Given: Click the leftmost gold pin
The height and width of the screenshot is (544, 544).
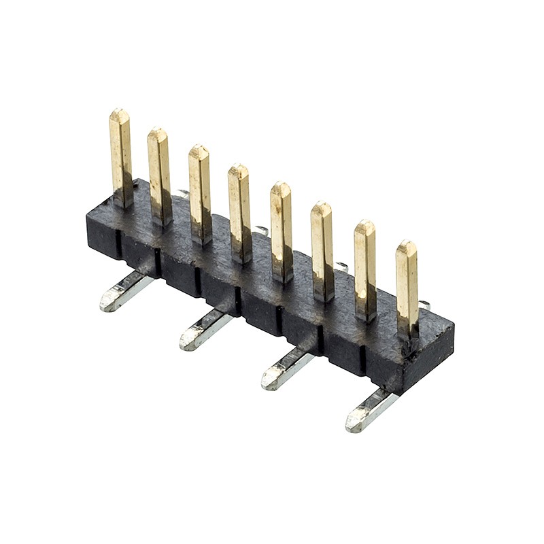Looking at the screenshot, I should tap(121, 156).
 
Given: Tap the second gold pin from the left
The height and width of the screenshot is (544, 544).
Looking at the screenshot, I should tap(159, 175).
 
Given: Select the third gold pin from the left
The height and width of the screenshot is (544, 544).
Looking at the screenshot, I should tap(199, 193).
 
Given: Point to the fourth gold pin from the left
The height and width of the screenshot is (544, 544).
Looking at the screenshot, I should tap(239, 212).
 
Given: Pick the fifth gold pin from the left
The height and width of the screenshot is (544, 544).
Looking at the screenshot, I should tap(282, 231).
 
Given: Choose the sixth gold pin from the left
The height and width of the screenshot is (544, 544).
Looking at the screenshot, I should tap(322, 250).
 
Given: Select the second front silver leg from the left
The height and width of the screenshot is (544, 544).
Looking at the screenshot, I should tap(205, 329).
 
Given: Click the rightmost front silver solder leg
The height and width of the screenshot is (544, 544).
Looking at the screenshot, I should tap(371, 411).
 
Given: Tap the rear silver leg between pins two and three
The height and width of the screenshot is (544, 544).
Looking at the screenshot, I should tap(182, 194).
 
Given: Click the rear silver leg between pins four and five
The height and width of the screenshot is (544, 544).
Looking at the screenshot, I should tap(262, 231).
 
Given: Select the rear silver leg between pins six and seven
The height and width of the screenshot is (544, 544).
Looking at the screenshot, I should tap(343, 267).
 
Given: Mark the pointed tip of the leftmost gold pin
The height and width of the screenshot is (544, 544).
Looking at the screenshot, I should tap(119, 112).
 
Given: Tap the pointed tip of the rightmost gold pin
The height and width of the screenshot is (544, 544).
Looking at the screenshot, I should tap(406, 243).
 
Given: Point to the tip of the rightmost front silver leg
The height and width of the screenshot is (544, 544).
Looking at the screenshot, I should tap(353, 425).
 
